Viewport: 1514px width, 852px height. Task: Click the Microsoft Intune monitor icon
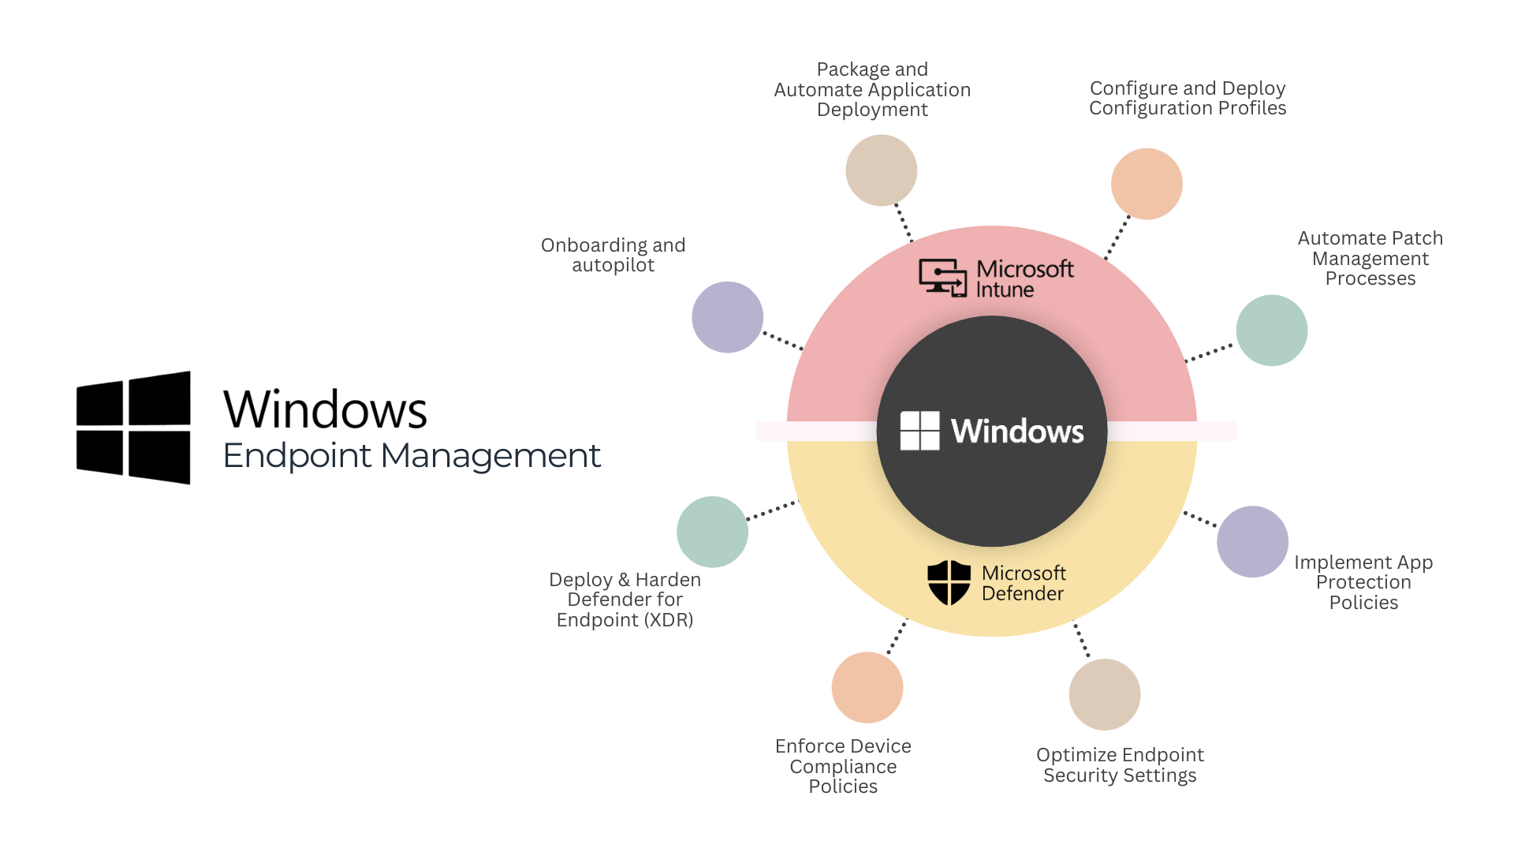[x=943, y=278]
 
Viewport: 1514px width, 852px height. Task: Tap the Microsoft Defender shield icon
[x=949, y=583]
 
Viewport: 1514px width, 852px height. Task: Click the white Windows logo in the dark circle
[x=919, y=431]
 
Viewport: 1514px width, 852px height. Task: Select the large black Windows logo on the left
[x=133, y=427]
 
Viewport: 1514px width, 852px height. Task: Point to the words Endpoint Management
[x=412, y=456]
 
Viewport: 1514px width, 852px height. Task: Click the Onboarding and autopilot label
[x=613, y=255]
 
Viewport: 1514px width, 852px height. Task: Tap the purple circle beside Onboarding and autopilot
[x=727, y=317]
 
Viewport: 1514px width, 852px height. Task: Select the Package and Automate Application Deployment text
[x=872, y=89]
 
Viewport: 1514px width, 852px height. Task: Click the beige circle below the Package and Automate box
[x=881, y=170]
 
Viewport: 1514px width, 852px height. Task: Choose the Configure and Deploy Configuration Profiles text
[x=1188, y=98]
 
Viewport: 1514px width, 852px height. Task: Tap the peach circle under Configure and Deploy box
[x=1147, y=184]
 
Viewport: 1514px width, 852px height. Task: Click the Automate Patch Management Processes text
[x=1370, y=258]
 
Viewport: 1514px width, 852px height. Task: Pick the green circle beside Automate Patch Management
[x=1271, y=331]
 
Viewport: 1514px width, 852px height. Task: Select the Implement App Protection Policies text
[x=1363, y=582]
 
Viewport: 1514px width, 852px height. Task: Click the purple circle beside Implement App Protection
[x=1252, y=541]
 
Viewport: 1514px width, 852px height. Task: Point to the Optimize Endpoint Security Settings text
[x=1120, y=765]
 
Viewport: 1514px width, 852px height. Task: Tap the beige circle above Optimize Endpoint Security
[x=1104, y=694]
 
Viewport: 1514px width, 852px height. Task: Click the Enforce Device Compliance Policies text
[x=843, y=766]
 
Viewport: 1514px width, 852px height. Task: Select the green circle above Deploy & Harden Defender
[x=712, y=532]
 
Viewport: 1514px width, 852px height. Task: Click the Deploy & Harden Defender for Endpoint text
[x=625, y=600]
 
